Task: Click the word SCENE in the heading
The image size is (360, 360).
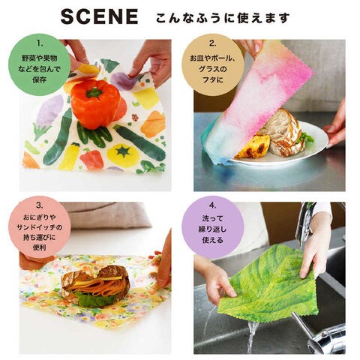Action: (100, 16)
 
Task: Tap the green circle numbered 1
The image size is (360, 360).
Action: (40, 65)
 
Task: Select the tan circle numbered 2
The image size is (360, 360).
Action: (212, 65)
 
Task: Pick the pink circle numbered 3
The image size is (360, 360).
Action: (40, 227)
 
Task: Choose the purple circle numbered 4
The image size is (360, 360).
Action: (212, 227)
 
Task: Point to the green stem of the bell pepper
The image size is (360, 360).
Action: (94, 93)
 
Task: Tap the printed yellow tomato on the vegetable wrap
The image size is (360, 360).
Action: (123, 155)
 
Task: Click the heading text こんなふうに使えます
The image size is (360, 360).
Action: (223, 17)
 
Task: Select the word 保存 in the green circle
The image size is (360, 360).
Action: (40, 79)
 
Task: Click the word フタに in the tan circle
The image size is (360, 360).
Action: (212, 79)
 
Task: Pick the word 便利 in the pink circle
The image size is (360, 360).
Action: (40, 247)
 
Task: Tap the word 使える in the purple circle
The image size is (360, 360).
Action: (212, 240)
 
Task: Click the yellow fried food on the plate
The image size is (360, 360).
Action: (252, 147)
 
